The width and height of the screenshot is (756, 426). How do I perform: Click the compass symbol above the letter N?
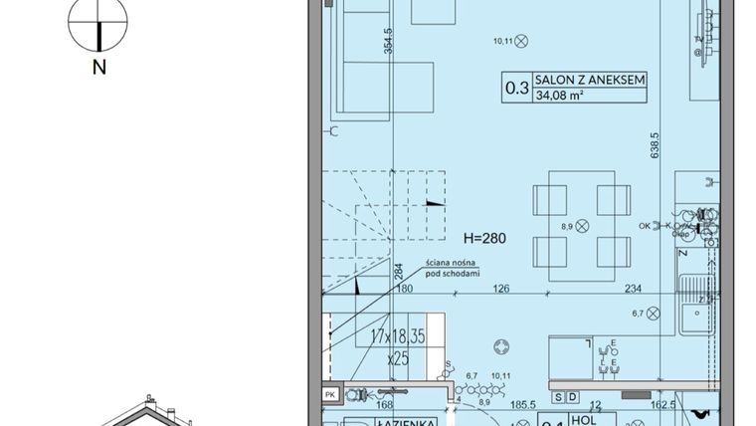(x=99, y=25)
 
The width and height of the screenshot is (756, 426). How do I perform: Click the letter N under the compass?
(x=99, y=68)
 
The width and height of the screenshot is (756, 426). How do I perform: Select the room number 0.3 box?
(x=517, y=88)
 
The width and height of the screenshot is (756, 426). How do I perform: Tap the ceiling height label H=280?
(x=486, y=239)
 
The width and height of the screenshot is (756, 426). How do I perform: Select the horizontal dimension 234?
(x=633, y=290)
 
